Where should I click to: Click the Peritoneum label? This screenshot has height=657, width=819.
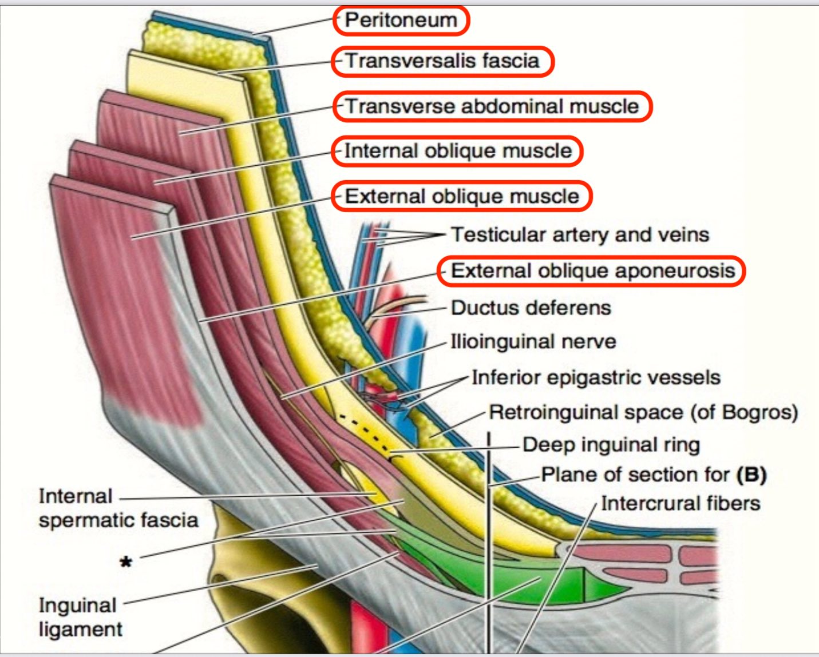[x=401, y=20]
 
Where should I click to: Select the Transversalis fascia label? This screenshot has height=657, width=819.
[x=442, y=61]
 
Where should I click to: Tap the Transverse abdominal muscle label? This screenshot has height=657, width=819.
[x=492, y=106]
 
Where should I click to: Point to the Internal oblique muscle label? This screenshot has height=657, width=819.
[x=458, y=151]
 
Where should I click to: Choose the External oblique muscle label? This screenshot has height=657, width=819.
[x=462, y=196]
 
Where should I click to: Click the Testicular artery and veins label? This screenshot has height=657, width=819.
[x=580, y=234]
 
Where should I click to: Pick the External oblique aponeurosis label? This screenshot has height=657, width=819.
[x=593, y=270]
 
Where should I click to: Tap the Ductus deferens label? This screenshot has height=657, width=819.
[x=531, y=308]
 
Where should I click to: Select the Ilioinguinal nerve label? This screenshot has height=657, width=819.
[x=533, y=341]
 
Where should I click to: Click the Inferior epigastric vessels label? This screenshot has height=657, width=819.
[x=596, y=377]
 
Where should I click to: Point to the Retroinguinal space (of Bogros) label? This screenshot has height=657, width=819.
[x=643, y=412]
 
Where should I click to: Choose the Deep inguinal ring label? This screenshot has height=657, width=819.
[x=611, y=445]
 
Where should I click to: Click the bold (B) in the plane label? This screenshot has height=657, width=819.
[x=751, y=475]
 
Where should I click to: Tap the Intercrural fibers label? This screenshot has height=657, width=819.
[x=680, y=503]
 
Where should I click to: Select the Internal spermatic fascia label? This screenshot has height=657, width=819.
[x=118, y=508]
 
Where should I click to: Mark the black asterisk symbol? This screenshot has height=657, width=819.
[x=126, y=562]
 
